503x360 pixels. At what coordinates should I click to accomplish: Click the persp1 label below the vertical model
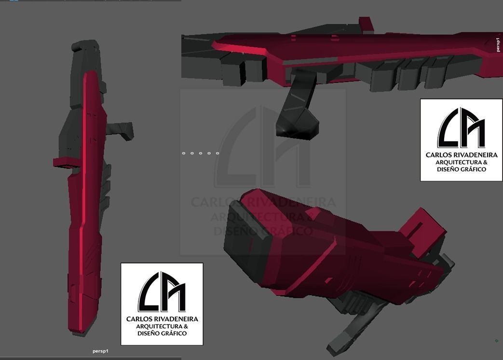coord(100,351)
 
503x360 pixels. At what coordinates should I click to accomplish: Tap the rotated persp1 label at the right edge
coord(498,44)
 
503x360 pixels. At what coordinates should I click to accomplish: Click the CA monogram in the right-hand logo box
coord(461,128)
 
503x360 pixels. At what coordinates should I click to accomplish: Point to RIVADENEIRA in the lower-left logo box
coord(177,319)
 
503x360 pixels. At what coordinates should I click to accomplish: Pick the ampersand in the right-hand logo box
coord(485,163)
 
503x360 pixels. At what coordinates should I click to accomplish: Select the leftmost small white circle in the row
coord(184,153)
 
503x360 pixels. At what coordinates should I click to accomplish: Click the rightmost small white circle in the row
coord(218,153)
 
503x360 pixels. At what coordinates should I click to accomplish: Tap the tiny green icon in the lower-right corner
coord(497,341)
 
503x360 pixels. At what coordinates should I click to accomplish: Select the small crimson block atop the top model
coord(366,24)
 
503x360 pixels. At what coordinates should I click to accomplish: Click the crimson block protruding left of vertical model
coord(62,163)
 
